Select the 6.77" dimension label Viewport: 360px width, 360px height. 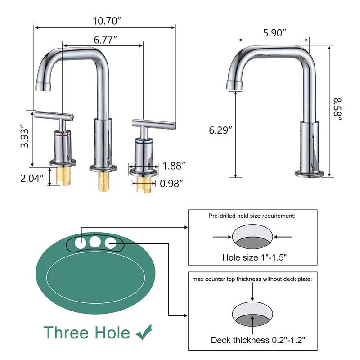tap(105, 40)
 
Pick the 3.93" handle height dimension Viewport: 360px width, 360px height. tap(27, 139)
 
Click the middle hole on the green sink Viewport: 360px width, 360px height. tap(94, 242)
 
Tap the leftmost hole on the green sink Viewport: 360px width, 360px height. tap(79, 243)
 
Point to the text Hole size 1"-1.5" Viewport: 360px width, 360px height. tap(255, 258)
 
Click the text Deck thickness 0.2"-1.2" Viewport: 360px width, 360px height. tap(255, 340)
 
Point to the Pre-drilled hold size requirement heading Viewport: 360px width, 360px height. tap(252, 216)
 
